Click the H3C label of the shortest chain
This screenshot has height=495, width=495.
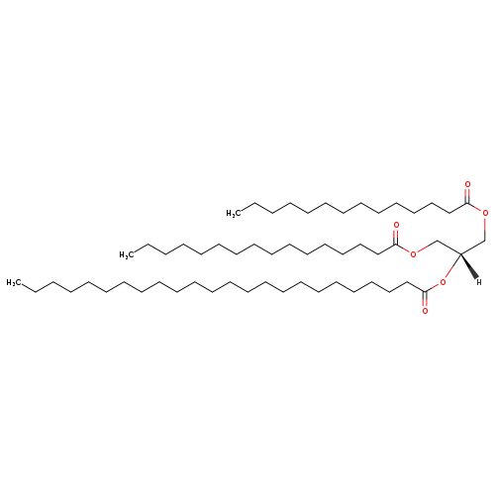tap(232, 214)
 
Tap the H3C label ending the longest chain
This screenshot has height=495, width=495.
tap(12, 282)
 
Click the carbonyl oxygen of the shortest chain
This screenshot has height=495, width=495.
tap(467, 184)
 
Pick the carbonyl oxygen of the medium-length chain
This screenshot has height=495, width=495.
tap(396, 225)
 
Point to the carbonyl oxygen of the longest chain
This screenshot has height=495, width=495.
tap(425, 311)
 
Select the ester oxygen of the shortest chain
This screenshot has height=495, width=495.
tap(485, 213)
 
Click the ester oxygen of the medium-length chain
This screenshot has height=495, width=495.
tap(413, 253)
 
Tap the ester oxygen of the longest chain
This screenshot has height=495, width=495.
tap(443, 282)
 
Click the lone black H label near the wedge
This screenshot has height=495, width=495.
tap(479, 282)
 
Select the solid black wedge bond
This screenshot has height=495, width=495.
tap(469, 266)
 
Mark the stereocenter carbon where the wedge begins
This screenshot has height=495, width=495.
tap(460, 253)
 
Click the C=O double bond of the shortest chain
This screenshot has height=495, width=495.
tap(467, 196)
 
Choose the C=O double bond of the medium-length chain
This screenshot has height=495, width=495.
tap(396, 237)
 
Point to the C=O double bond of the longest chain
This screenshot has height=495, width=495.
tap(425, 299)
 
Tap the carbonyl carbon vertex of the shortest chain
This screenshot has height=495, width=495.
tap(467, 203)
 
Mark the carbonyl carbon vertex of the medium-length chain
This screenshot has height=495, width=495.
tap(396, 245)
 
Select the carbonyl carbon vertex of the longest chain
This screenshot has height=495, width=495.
tap(425, 292)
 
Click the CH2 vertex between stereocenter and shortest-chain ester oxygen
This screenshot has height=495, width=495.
tap(484, 241)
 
